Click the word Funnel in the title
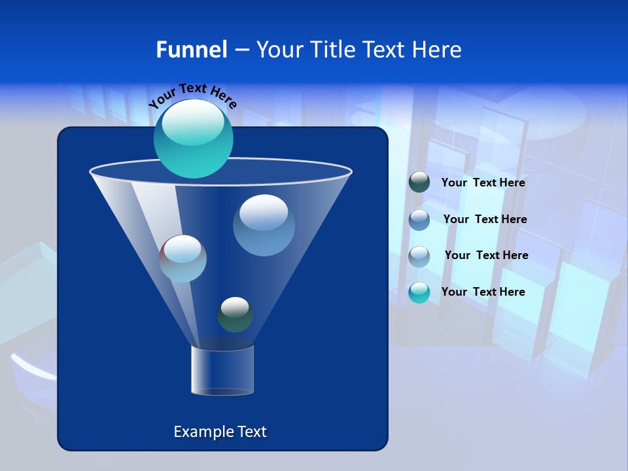pyautogui.click(x=191, y=50)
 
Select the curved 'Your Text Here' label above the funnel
pyautogui.click(x=192, y=96)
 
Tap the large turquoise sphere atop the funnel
pyautogui.click(x=194, y=138)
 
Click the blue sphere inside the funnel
pyautogui.click(x=264, y=225)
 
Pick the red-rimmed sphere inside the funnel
pyautogui.click(x=183, y=258)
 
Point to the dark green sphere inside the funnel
pyautogui.click(x=235, y=315)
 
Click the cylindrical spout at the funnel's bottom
pyautogui.click(x=222, y=370)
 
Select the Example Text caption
pyautogui.click(x=220, y=432)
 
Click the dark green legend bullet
pyautogui.click(x=419, y=183)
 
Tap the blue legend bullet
pyautogui.click(x=419, y=219)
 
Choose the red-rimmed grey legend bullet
pyautogui.click(x=419, y=256)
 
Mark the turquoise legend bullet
pyautogui.click(x=419, y=292)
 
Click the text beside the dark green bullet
pyautogui.click(x=483, y=183)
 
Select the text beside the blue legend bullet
pyautogui.click(x=485, y=219)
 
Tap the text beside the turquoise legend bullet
pyautogui.click(x=483, y=292)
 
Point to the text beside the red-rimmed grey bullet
pyautogui.click(x=486, y=255)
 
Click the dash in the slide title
pyautogui.click(x=241, y=50)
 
